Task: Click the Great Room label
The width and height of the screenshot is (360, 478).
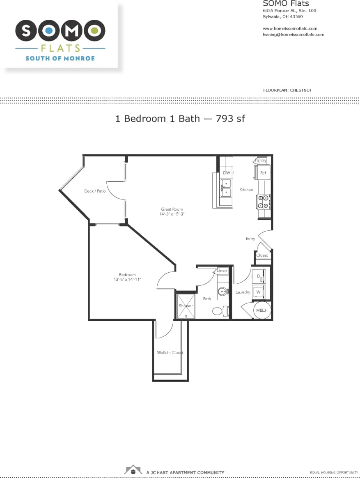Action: pyautogui.click(x=172, y=209)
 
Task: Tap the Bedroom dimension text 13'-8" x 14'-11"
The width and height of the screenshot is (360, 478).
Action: pyautogui.click(x=127, y=280)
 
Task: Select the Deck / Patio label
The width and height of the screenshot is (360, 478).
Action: pyautogui.click(x=95, y=191)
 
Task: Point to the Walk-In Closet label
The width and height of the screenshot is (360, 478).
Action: pyautogui.click(x=170, y=352)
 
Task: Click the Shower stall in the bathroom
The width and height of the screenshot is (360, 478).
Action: pyautogui.click(x=185, y=306)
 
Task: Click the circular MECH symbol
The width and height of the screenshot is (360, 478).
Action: pyautogui.click(x=261, y=310)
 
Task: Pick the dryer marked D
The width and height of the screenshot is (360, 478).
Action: pyautogui.click(x=259, y=276)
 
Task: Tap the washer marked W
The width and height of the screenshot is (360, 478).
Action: pyautogui.click(x=259, y=292)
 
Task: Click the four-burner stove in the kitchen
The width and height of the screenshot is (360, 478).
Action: pyautogui.click(x=263, y=202)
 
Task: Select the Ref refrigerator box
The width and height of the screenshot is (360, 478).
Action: pyautogui.click(x=263, y=173)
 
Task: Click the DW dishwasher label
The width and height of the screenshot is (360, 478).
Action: pyautogui.click(x=227, y=173)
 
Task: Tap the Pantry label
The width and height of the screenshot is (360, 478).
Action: pyautogui.click(x=261, y=160)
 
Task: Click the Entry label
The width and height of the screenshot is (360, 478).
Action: pyautogui.click(x=250, y=239)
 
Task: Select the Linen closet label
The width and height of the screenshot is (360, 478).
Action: pyautogui.click(x=222, y=271)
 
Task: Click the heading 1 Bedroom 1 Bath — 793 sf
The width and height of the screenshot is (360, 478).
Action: pyautogui.click(x=180, y=119)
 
